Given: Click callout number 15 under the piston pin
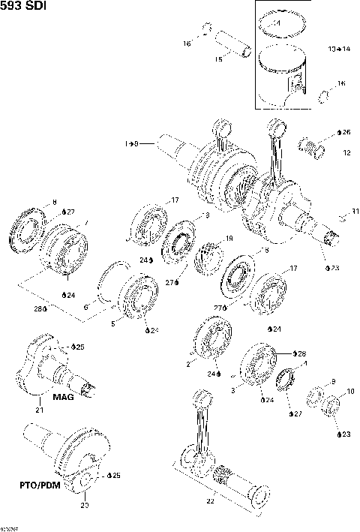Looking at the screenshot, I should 219,59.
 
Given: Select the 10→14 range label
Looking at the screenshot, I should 338,49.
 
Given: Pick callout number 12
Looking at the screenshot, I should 346,152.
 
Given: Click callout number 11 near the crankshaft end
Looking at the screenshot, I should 346,213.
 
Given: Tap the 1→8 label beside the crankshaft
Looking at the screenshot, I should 131,143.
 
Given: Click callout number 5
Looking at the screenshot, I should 113,325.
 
